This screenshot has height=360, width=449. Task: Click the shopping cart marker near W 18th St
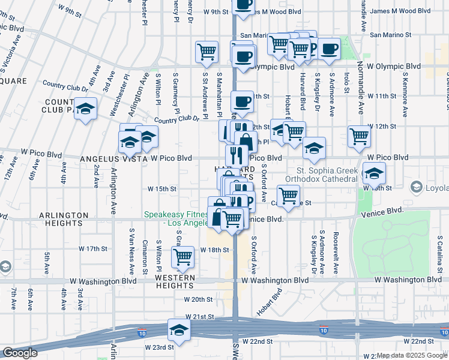click(x=182, y=256)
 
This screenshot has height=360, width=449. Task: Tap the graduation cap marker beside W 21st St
click(x=179, y=330)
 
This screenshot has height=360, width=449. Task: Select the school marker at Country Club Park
click(x=86, y=109)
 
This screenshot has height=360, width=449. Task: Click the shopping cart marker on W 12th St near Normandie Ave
click(x=359, y=136)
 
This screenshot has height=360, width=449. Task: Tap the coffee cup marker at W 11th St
click(x=243, y=101)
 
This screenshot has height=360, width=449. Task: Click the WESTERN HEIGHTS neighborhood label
click(x=175, y=278)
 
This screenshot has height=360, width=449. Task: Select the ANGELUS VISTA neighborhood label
click(x=114, y=159)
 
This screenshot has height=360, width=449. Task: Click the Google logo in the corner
click(x=20, y=353)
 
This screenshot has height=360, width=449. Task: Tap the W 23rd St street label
click(x=159, y=347)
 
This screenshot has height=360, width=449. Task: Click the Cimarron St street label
click(x=145, y=255)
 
